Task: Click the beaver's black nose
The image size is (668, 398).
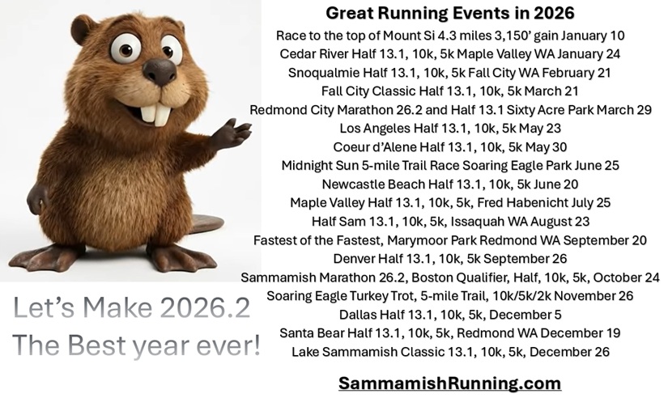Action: pyautogui.click(x=160, y=71)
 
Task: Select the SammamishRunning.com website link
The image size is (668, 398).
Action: pyautogui.click(x=450, y=383)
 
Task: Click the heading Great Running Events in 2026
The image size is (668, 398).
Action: pyautogui.click(x=450, y=13)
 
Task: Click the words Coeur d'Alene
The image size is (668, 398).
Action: pyautogui.click(x=374, y=147)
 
